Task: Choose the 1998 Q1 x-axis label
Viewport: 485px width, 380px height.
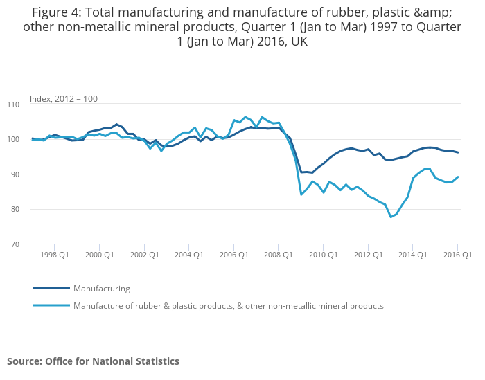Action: pyautogui.click(x=54, y=255)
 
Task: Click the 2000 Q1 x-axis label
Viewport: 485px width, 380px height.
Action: pyautogui.click(x=99, y=255)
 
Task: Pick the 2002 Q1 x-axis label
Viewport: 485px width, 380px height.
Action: pyautogui.click(x=144, y=255)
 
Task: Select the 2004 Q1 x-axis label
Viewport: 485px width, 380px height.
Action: pyautogui.click(x=188, y=255)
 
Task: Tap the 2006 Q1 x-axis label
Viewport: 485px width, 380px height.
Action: pyautogui.click(x=233, y=255)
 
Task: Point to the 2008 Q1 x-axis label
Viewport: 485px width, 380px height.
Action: pyautogui.click(x=278, y=255)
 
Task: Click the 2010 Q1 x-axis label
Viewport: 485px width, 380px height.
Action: pyautogui.click(x=323, y=255)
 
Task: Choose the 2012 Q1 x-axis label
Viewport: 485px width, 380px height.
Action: pyautogui.click(x=368, y=255)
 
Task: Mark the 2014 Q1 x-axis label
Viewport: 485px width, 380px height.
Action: pyautogui.click(x=412, y=255)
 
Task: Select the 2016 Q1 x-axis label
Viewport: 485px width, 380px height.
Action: pyautogui.click(x=457, y=255)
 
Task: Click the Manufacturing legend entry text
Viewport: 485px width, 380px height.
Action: pyautogui.click(x=102, y=289)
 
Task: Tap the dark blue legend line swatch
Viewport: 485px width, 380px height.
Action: pyautogui.click(x=51, y=288)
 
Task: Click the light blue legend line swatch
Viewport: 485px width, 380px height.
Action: pyautogui.click(x=51, y=305)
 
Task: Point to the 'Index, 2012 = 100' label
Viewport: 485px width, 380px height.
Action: pyautogui.click(x=63, y=98)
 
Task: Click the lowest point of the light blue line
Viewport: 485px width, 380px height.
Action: pyautogui.click(x=391, y=217)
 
